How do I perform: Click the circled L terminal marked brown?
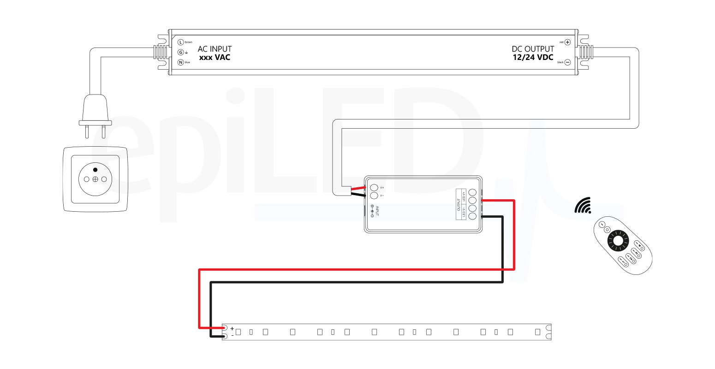tap(181, 42)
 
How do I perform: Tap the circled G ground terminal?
tap(181, 53)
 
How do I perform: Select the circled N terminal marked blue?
tap(181, 62)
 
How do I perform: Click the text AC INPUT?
tap(214, 49)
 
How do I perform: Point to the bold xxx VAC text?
tap(214, 58)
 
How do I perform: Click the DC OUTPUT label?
tap(533, 49)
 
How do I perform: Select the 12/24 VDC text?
tap(533, 58)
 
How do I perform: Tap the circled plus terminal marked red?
tap(567, 42)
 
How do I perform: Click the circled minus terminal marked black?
tap(567, 62)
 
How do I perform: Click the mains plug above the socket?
tap(95, 113)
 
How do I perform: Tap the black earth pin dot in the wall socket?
tap(95, 170)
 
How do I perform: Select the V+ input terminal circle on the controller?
tap(374, 188)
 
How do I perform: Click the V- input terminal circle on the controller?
tap(374, 196)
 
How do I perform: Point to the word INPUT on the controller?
tap(377, 211)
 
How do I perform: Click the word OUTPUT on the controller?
tap(459, 205)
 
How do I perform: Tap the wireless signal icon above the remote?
tap(583, 206)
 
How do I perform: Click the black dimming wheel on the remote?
tap(618, 241)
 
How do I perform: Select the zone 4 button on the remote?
tap(623, 262)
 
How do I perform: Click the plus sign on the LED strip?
tap(232, 328)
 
